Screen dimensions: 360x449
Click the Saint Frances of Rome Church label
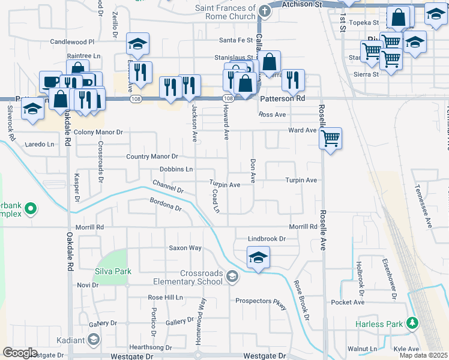(x=225, y=12)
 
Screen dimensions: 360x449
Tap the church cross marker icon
(x=264, y=11)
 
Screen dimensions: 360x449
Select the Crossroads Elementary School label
(x=193, y=277)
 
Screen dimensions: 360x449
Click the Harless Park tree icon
(x=412, y=324)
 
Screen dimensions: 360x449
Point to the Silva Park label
(x=113, y=272)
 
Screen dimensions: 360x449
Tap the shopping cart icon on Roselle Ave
(x=331, y=139)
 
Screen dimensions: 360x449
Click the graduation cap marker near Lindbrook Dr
(x=259, y=258)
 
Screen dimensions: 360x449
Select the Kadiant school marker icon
(x=93, y=340)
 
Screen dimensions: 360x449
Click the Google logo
(x=20, y=353)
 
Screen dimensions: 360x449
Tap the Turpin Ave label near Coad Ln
(x=224, y=185)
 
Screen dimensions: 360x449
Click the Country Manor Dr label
(x=152, y=157)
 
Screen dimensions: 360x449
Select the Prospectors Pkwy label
(x=262, y=301)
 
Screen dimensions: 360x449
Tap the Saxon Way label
(x=185, y=248)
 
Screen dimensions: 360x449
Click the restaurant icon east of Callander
(x=293, y=80)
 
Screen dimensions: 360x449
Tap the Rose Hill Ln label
(x=165, y=298)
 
